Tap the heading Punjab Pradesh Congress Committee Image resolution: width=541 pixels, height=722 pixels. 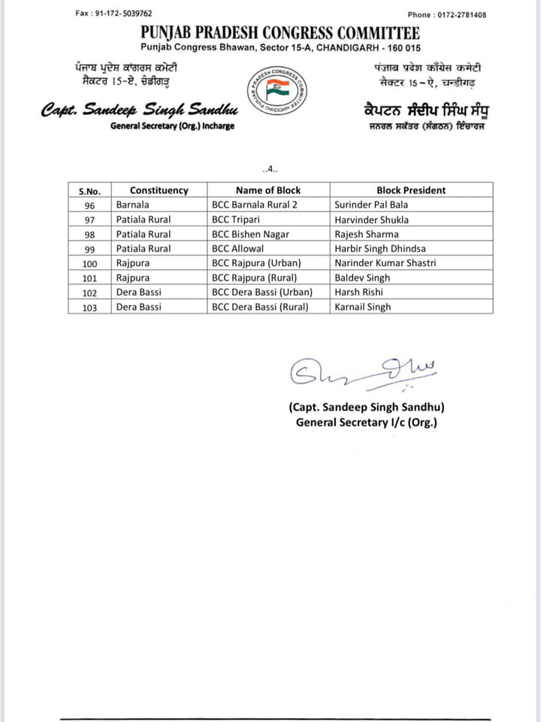tap(280, 33)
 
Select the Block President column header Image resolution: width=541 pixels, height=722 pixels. tap(411, 190)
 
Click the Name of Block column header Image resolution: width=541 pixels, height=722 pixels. tap(267, 190)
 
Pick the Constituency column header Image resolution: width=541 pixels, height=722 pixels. tap(159, 190)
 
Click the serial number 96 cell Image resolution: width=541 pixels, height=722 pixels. tap(89, 205)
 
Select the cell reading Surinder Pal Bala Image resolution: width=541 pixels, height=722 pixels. tap(369, 205)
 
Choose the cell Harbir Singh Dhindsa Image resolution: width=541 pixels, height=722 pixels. tap(379, 248)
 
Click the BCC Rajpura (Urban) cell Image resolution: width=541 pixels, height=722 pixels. tap(256, 263)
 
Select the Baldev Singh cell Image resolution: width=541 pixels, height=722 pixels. tap(363, 278)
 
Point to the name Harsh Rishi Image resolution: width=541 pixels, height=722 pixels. tap(358, 292)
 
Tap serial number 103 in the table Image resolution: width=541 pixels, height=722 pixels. tap(89, 307)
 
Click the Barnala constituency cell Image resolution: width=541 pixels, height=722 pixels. tap(133, 205)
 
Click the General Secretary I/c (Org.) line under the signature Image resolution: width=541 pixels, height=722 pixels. tap(366, 422)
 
